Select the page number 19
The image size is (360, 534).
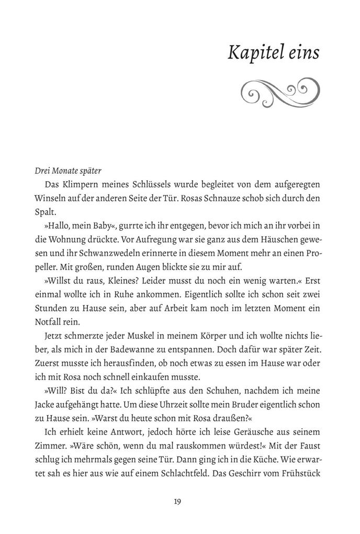click(x=177, y=501)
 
